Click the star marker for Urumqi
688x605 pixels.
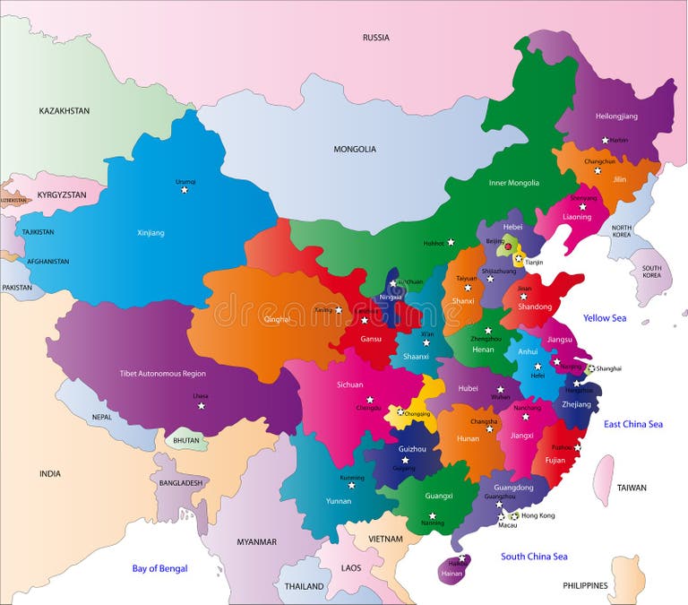tap(185, 189)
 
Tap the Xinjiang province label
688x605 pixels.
tap(150, 232)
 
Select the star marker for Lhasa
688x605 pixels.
tap(202, 406)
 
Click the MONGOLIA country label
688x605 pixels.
tap(355, 149)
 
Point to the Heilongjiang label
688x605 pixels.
tap(616, 117)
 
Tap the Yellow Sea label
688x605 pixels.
tap(605, 318)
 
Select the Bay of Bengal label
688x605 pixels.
tap(159, 568)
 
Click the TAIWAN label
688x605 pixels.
tap(631, 488)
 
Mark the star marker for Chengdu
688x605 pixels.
tap(369, 400)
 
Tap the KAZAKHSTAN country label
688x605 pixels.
tap(64, 111)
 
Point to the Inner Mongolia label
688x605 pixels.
tap(514, 183)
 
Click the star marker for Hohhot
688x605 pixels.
tap(451, 242)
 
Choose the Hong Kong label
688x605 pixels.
tap(538, 515)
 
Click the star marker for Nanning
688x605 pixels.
tap(432, 515)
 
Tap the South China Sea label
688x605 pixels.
tap(534, 557)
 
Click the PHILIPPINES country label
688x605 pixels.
tap(586, 585)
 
